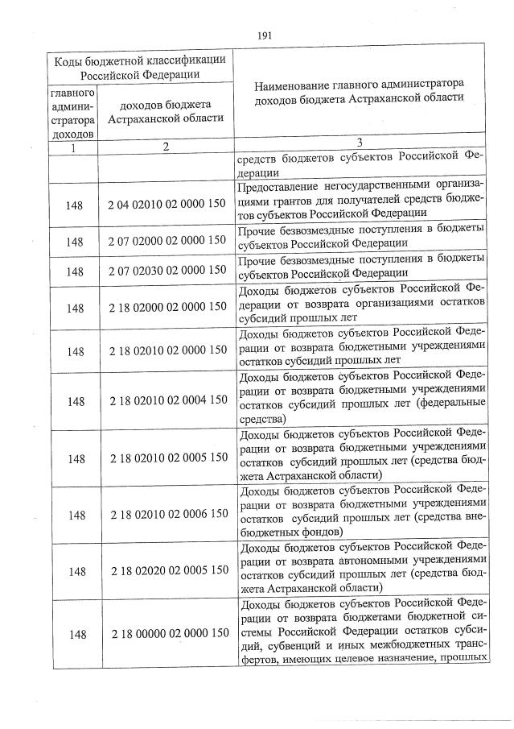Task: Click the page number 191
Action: [x=265, y=35]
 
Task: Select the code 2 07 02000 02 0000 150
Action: [x=167, y=240]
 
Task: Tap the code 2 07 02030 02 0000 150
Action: [x=167, y=271]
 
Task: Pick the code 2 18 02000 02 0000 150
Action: [x=167, y=307]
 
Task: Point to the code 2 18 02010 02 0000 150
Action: [x=167, y=350]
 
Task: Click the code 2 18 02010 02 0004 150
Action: [x=167, y=400]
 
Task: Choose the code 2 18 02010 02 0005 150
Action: [x=167, y=458]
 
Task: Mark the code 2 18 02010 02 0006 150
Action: [x=167, y=514]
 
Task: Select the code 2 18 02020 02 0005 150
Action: [x=167, y=570]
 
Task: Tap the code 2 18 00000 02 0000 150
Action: [x=167, y=634]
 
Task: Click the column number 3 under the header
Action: [x=359, y=142]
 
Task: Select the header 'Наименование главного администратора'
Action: [x=359, y=83]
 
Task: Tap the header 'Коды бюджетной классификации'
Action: [x=138, y=60]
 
